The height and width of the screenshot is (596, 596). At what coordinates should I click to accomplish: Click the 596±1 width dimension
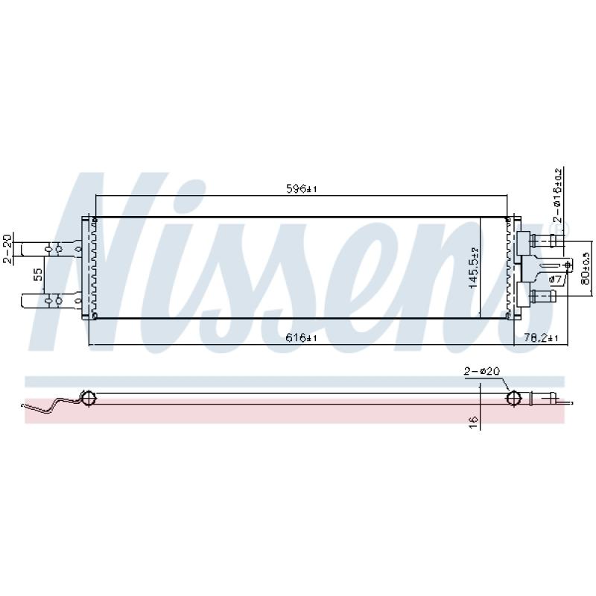[x=302, y=189]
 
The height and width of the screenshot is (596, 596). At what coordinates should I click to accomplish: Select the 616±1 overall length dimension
[x=302, y=338]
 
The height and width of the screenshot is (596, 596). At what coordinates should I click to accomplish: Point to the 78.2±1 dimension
[x=540, y=338]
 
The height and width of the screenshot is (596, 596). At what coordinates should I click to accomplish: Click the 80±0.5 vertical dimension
[x=586, y=268]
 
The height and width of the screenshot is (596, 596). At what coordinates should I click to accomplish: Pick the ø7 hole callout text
[x=555, y=279]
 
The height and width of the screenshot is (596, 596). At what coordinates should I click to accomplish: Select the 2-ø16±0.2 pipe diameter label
[x=557, y=197]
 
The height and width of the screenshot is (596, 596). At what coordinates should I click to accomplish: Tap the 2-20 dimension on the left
[x=7, y=249]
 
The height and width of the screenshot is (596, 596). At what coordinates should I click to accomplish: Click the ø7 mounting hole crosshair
[x=568, y=265]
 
